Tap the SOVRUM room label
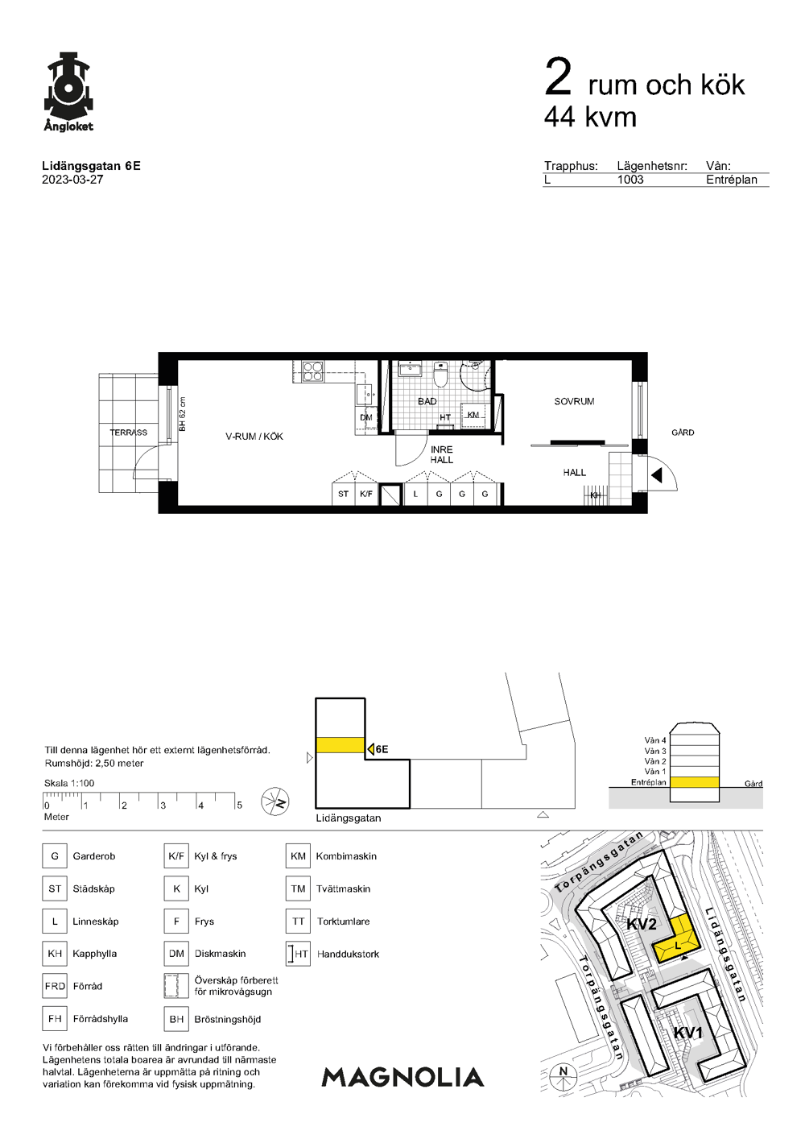pos(574,401)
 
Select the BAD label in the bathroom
pos(427,401)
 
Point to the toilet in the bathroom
pos(440,375)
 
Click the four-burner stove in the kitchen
pos(313,371)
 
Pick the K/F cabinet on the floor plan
pos(366,494)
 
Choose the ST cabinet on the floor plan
pos(344,494)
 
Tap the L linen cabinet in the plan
pos(415,494)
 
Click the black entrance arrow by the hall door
pos(657,476)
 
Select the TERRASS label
pos(128,433)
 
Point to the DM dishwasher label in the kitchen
pos(366,417)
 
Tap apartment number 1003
pos(630,180)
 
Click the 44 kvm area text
pos(590,117)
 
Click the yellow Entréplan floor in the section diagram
pos(694,782)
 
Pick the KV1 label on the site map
pos(688,1033)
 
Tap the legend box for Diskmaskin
pos(176,954)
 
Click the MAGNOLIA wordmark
pos(402,1077)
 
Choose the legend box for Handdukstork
pos(298,954)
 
